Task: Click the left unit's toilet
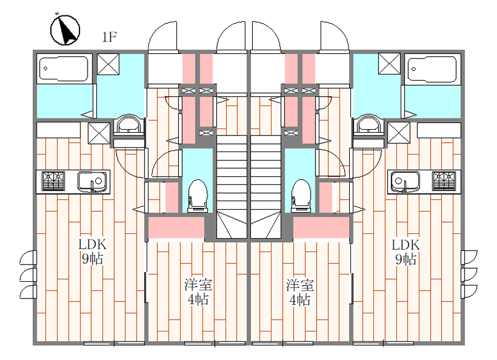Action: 197,193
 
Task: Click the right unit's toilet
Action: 301,193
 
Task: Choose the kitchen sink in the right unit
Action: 406,181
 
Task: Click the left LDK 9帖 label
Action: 91,251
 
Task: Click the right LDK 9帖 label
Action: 405,251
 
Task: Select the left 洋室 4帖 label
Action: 198,292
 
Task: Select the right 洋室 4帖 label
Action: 299,292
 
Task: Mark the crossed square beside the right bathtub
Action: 390,64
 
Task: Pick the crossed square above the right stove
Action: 398,132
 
